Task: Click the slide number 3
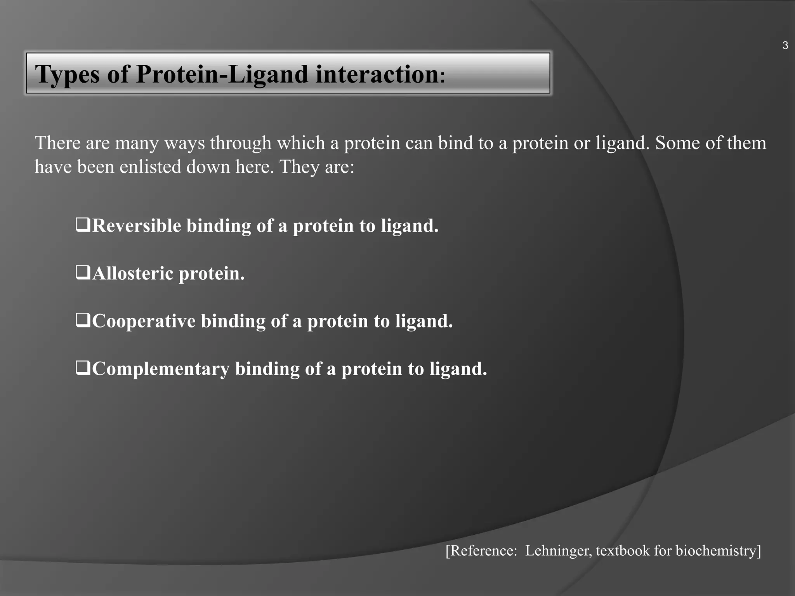tap(785, 46)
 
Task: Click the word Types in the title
tap(67, 74)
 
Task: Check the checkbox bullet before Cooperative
tap(83, 320)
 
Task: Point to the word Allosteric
tap(133, 273)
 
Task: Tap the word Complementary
tap(161, 369)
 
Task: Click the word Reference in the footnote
tap(481, 551)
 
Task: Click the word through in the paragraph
tap(240, 143)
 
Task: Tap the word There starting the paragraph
tap(58, 143)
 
